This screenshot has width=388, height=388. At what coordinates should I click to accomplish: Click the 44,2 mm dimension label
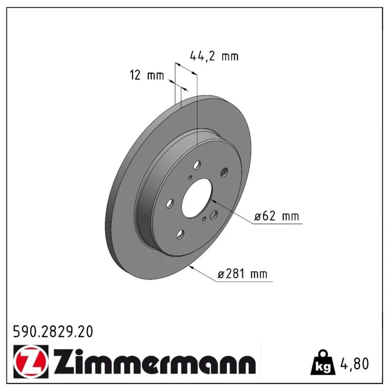point(214,56)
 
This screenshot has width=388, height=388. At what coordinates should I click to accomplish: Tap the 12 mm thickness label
point(147,75)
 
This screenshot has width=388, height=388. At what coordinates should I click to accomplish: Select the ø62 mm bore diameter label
point(276,216)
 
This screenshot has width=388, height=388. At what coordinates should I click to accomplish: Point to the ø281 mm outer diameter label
point(242,274)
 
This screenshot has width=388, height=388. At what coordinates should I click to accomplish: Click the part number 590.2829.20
point(53,332)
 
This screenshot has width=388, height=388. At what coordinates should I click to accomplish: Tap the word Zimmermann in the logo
point(155,361)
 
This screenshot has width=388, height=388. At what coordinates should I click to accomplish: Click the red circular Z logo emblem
point(31,361)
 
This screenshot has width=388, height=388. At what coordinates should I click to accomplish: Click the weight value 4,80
point(355,363)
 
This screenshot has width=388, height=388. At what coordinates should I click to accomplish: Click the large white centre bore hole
point(197,198)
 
